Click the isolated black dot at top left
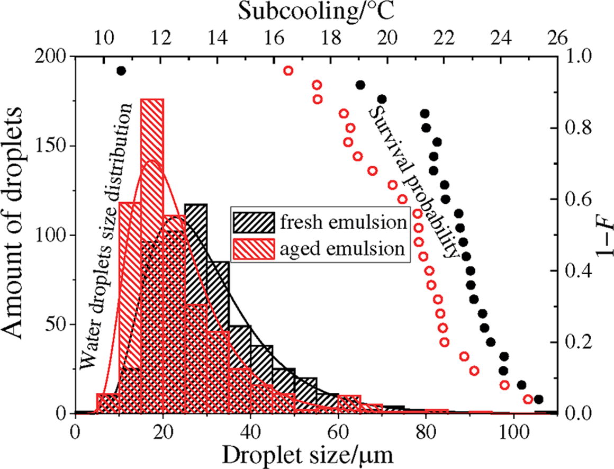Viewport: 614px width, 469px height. pyautogui.click(x=121, y=71)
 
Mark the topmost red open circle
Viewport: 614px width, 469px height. pyautogui.click(x=288, y=71)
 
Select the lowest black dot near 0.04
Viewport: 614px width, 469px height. pyautogui.click(x=539, y=399)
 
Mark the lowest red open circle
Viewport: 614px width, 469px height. pyautogui.click(x=528, y=399)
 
